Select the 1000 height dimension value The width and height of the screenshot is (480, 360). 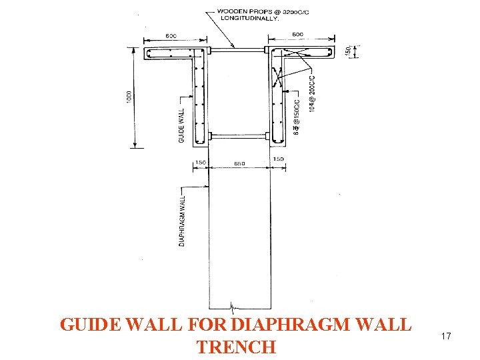click(x=130, y=97)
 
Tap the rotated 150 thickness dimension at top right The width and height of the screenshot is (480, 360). click(x=348, y=51)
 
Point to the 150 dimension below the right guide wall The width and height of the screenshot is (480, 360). click(x=278, y=159)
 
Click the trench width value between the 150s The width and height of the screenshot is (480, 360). click(x=239, y=163)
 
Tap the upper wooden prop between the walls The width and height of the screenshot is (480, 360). click(x=238, y=49)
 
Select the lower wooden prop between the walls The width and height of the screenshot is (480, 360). click(x=238, y=136)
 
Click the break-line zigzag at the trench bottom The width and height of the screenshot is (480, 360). click(x=233, y=307)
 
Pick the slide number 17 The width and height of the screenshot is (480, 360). click(x=445, y=337)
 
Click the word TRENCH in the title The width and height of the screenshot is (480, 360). click(x=236, y=347)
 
